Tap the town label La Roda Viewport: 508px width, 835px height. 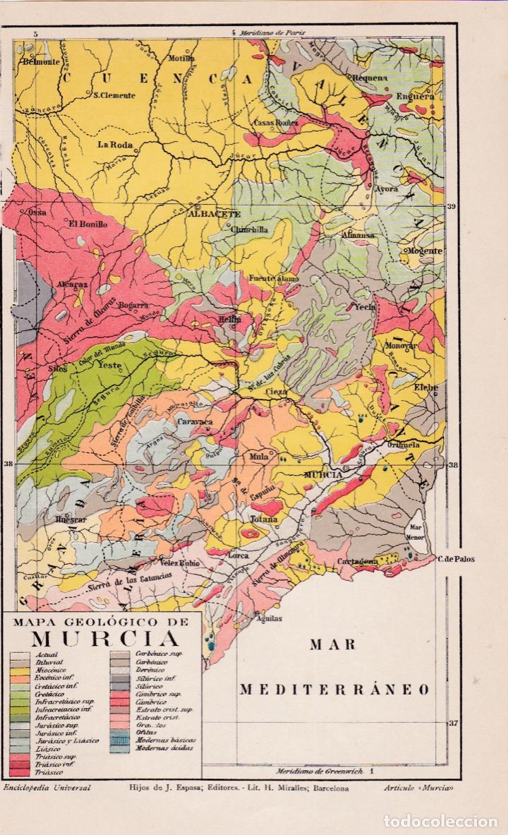(x=116, y=145)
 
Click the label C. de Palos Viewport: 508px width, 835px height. (x=455, y=560)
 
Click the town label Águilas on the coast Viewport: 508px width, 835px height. (x=269, y=618)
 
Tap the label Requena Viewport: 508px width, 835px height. (x=371, y=78)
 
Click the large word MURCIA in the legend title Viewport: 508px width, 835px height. (x=104, y=639)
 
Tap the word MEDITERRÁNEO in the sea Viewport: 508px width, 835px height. (x=336, y=689)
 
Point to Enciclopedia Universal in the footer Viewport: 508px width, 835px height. (x=47, y=787)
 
